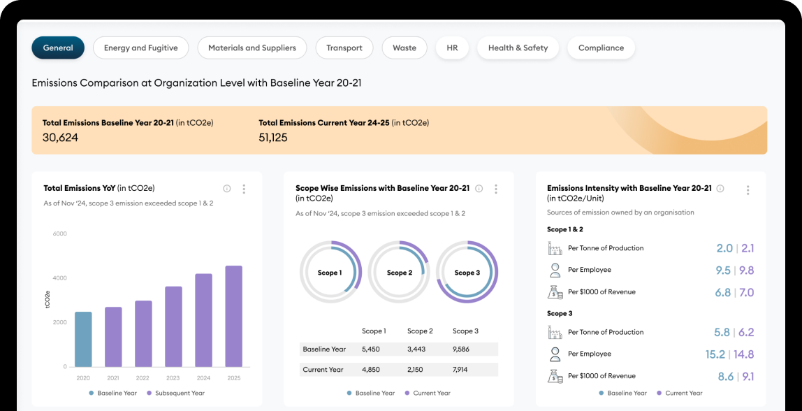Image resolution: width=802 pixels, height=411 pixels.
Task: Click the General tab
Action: click(58, 48)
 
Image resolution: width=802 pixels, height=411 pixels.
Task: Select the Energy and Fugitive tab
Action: click(140, 48)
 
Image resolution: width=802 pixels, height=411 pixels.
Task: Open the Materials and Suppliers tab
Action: click(252, 48)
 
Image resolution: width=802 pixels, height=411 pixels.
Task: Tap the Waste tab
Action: click(404, 48)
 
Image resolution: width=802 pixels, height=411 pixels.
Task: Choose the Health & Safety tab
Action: click(518, 48)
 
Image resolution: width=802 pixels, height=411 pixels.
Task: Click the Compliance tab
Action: click(601, 48)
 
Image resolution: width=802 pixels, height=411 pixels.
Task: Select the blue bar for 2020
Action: click(83, 339)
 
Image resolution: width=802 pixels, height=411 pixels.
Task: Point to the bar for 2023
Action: click(173, 326)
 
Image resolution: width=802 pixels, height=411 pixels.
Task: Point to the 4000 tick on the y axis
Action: click(60, 278)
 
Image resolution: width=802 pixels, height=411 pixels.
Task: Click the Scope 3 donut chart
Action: click(467, 272)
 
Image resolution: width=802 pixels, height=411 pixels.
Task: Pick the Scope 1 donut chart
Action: click(330, 272)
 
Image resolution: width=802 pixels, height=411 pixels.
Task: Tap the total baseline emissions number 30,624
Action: click(60, 138)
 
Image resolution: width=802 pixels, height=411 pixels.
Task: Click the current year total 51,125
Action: click(273, 138)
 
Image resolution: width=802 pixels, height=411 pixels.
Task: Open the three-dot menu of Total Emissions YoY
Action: click(244, 189)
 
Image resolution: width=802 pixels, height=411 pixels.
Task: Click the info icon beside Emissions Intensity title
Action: click(720, 189)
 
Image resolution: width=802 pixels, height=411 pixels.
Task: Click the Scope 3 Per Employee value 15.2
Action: click(715, 354)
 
